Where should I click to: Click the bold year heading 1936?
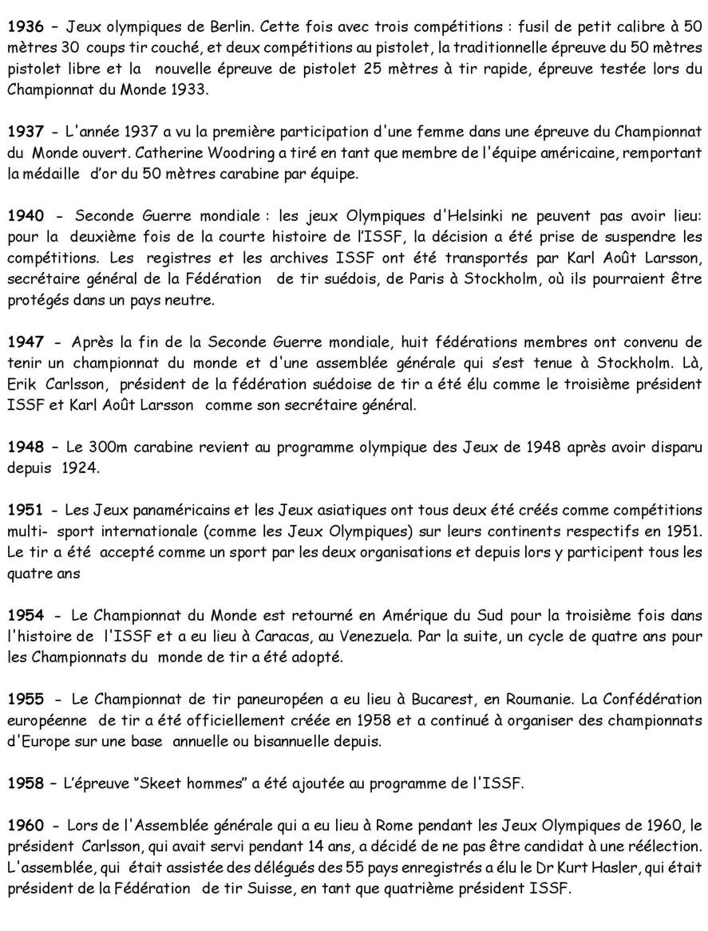(25, 26)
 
